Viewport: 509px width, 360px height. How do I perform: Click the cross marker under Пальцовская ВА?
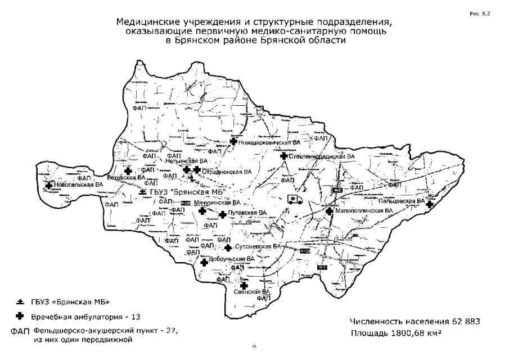tap(429, 205)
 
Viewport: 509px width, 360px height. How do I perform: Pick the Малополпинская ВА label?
tap(360, 210)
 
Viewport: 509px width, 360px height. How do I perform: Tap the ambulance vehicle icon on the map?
tap(294, 199)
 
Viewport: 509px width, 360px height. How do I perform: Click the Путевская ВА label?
tap(247, 213)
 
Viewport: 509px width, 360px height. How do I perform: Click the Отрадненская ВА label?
tap(227, 171)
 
